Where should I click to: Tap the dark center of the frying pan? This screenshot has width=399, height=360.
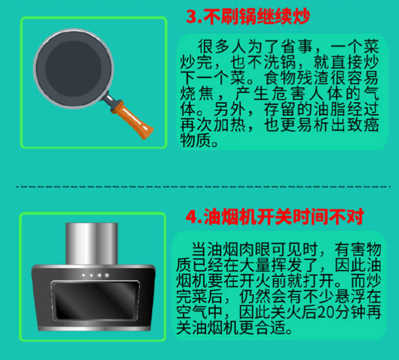tap(73, 68)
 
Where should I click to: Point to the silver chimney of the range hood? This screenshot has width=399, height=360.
tap(92, 244)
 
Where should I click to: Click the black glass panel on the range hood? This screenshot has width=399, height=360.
tap(96, 300)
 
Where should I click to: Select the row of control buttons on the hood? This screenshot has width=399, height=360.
tap(95, 275)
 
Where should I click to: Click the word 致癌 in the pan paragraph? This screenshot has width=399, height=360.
tap(363, 125)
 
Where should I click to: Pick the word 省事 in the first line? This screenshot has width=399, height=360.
tap(297, 46)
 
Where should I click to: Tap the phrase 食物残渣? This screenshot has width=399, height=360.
tap(297, 78)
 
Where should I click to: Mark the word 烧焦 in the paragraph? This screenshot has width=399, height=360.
tap(197, 94)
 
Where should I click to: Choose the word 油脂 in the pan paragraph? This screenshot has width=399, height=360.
tap(329, 109)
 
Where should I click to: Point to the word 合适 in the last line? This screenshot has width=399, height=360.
tap(270, 328)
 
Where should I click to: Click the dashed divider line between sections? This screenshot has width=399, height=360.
tap(203, 186)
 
